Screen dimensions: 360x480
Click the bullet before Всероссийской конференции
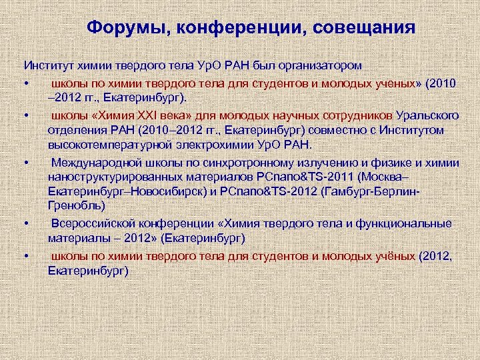coord(25,223)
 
